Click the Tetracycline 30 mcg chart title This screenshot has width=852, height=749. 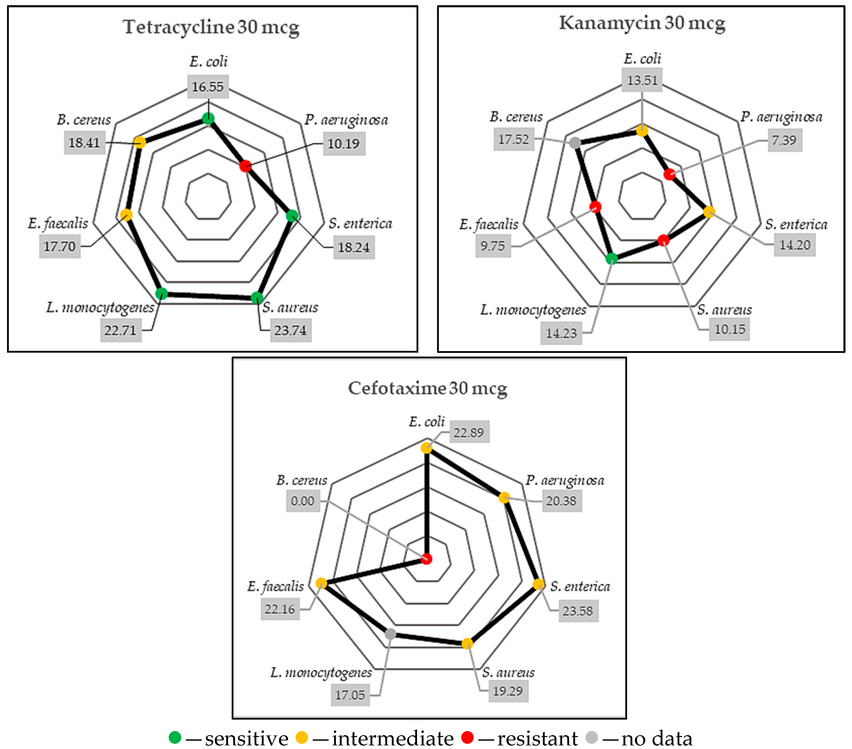(x=211, y=28)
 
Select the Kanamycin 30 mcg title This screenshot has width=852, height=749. (x=642, y=23)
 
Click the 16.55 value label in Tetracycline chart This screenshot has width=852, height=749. (x=207, y=87)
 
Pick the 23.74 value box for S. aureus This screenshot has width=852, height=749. (x=290, y=330)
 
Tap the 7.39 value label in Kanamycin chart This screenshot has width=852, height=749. (x=784, y=140)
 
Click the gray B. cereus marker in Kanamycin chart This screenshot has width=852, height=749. (x=575, y=143)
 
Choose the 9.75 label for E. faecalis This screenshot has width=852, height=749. (x=493, y=246)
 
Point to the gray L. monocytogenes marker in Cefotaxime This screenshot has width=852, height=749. (x=391, y=634)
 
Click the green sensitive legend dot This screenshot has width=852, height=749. (x=175, y=737)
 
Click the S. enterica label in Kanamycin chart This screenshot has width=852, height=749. (x=796, y=224)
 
